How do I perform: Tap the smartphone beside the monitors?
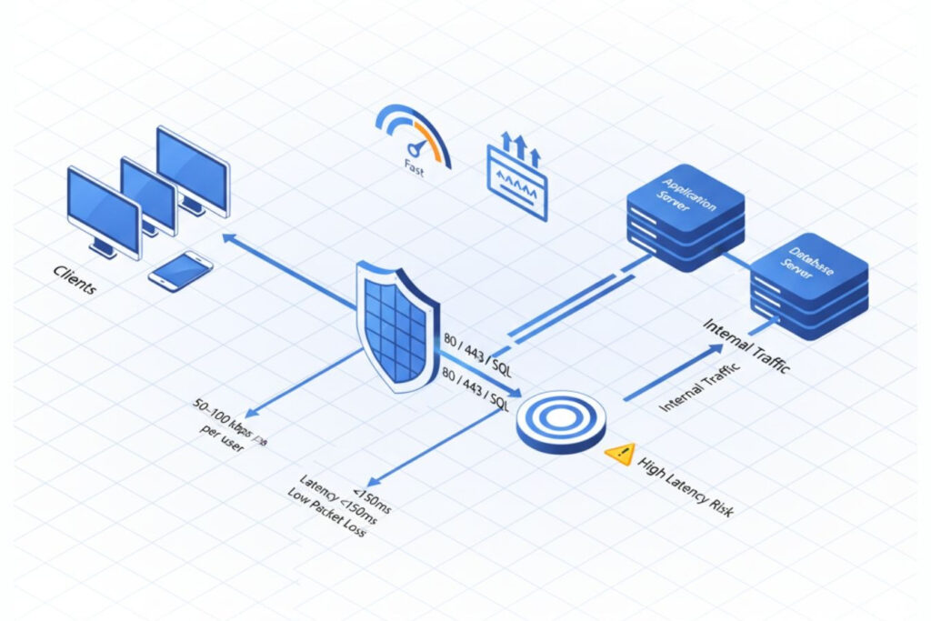point(180,270)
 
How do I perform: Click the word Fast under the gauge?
point(414,165)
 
